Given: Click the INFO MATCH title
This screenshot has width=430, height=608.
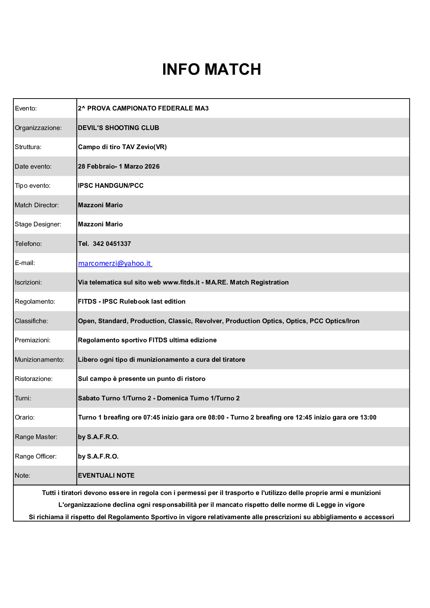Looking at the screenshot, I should coord(212,69).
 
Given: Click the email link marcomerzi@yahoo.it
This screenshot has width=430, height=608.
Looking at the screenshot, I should coord(115,264).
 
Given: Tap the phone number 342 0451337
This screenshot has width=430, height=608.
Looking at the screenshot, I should coord(112,244).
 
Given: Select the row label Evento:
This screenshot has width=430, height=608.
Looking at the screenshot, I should coord(26,108).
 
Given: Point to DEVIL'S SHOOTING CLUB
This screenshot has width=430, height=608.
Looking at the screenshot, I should coord(118,128).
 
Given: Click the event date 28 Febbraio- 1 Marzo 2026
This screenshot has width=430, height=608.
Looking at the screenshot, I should coord(119,166).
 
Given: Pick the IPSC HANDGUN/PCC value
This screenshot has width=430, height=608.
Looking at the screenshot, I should coord(111,186).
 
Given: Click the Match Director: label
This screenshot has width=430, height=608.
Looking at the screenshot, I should coord(36,205).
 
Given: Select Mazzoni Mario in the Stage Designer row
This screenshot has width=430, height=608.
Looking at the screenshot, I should coord(100,224).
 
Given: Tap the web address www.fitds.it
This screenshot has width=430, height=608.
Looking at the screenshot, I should coord(181,282).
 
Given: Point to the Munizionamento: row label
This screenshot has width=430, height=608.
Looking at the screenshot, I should coord(39,360).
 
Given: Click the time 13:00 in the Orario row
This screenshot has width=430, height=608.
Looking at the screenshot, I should coord(368,417).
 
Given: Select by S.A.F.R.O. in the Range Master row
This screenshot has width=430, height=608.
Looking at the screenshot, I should coord(98,437).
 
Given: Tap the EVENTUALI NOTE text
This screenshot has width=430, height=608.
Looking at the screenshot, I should coord(106,475).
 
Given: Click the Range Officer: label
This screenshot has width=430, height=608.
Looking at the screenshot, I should coord(36,456).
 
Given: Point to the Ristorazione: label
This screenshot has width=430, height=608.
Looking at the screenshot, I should coord(34,379).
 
